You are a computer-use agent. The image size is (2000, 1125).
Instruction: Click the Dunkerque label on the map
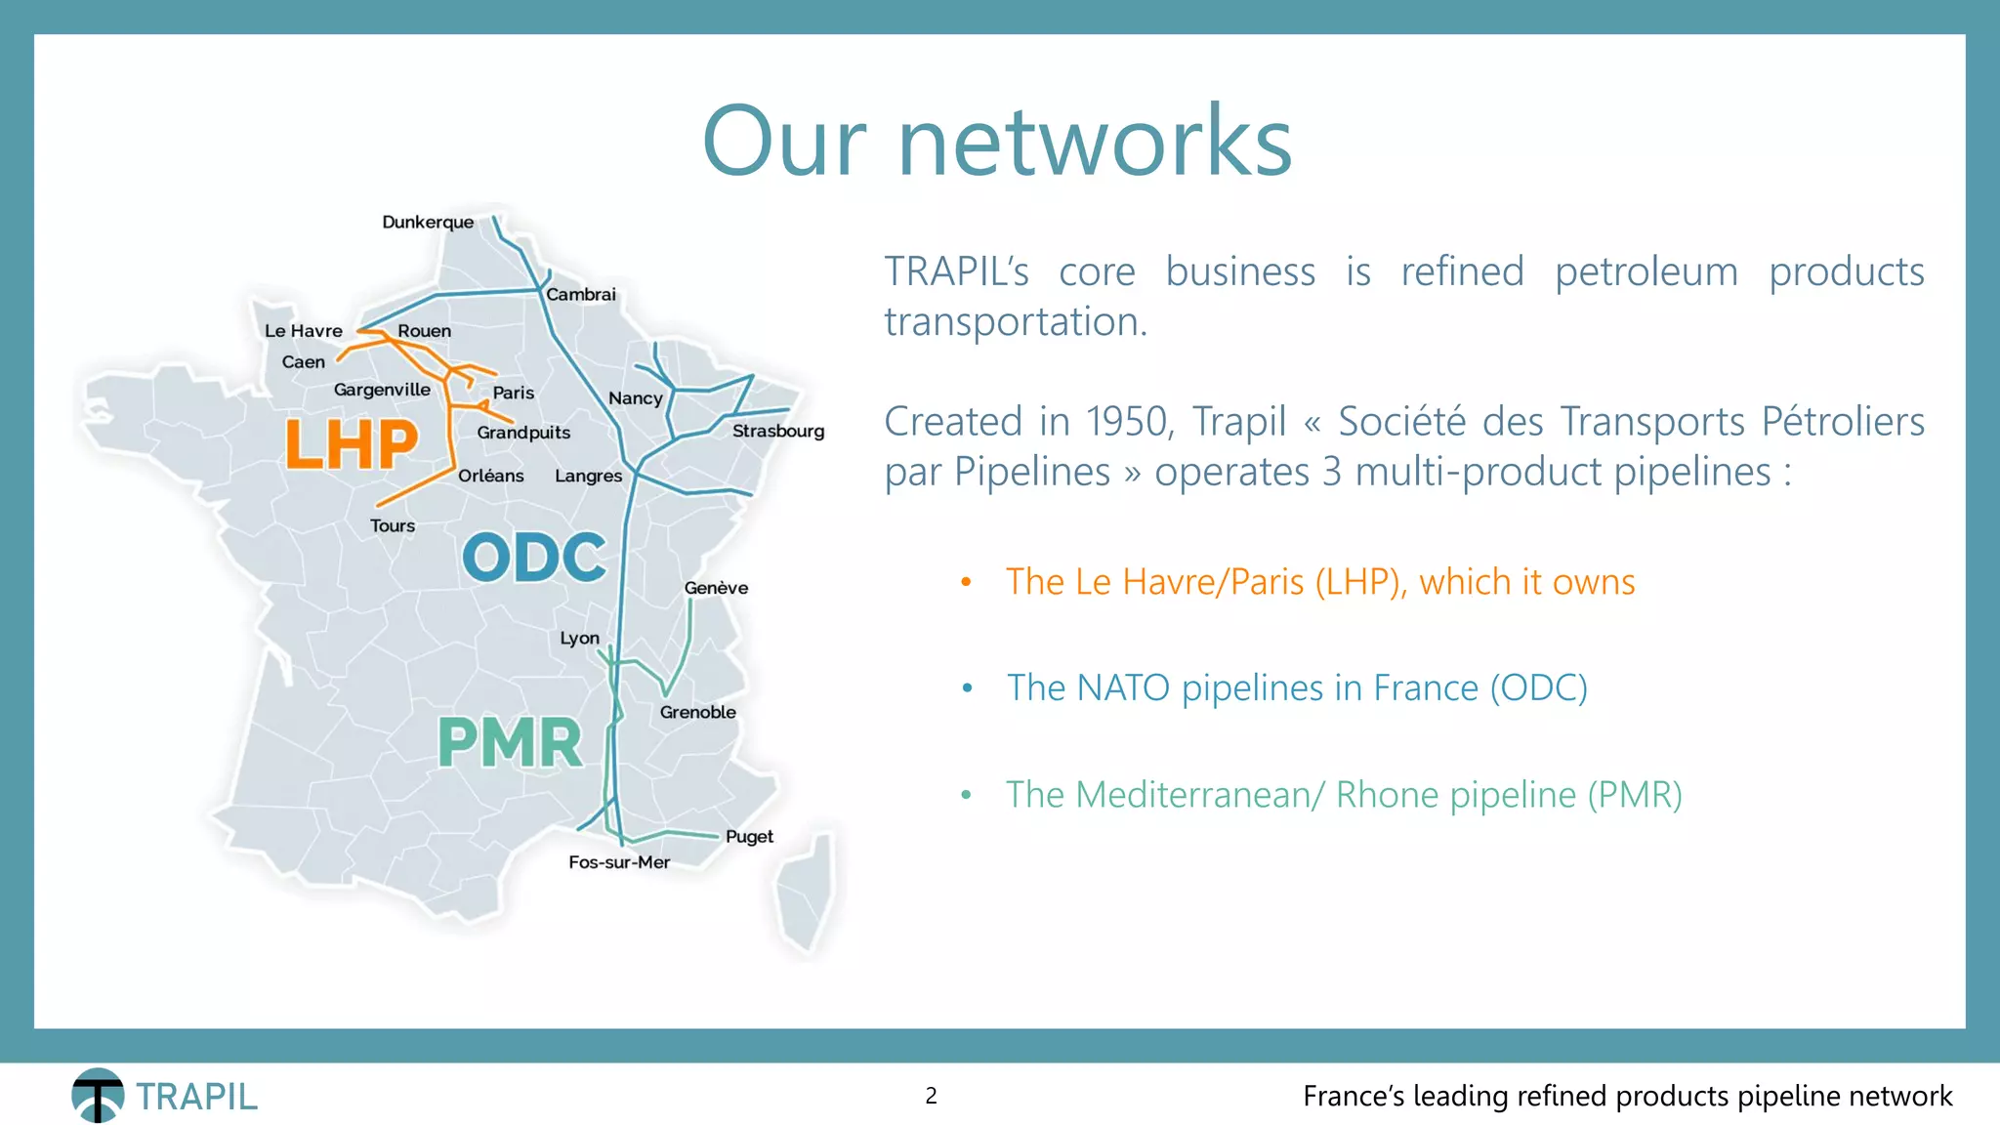coord(428,222)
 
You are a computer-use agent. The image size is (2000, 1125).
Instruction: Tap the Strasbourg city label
coord(777,431)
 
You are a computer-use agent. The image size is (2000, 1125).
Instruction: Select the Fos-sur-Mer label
coord(619,862)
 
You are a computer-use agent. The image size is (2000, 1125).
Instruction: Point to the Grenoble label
coord(697,712)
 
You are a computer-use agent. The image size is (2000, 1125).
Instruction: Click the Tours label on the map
coord(393,525)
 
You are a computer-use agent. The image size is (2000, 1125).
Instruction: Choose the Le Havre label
coord(303,331)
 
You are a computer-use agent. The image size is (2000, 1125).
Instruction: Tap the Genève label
coord(716,588)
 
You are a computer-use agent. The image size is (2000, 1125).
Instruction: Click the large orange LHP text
coord(352,445)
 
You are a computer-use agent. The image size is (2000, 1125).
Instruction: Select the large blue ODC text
coord(534,558)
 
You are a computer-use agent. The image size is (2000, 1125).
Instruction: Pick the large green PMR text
coord(510,743)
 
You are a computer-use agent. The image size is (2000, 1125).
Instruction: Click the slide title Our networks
coord(997,142)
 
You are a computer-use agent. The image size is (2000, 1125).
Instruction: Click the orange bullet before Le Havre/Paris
coord(966,582)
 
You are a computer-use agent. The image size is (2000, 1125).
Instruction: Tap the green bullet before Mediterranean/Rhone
coord(966,795)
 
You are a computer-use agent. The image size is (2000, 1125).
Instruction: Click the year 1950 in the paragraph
coord(1123,422)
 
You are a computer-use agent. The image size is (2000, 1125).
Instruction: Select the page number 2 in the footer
coord(931,1096)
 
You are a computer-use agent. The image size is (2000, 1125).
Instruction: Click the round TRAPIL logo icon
coord(98,1095)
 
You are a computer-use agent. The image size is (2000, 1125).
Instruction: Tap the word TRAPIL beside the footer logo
coord(196,1097)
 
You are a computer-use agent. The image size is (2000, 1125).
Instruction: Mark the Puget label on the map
coord(749,837)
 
